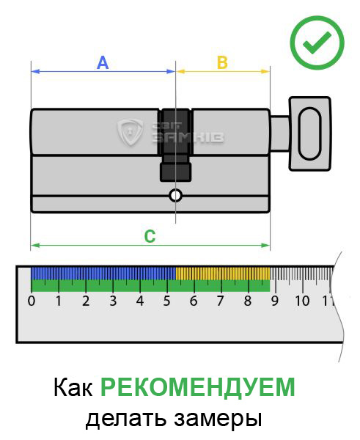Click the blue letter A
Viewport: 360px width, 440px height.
pos(103,63)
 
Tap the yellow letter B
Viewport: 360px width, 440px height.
pos(222,62)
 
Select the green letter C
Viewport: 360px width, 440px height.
pos(150,237)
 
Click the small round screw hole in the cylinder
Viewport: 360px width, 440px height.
pos(176,196)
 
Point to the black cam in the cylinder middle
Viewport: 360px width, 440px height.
pos(176,144)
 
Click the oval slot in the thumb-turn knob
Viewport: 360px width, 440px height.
pos(309,133)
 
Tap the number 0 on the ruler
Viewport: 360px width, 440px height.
pos(32,301)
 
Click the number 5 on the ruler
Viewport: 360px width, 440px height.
pos(166,301)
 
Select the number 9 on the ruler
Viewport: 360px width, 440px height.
pos(275,301)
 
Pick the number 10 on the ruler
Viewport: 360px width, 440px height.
pos(302,301)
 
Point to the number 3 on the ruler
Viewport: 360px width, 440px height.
pos(113,301)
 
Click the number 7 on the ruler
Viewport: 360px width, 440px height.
pos(220,301)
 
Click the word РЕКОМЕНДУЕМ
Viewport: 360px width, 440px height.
pos(198,387)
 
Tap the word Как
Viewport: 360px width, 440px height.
pos(73,387)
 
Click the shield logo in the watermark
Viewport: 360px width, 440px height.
pos(130,132)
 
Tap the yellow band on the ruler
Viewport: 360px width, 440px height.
pos(223,274)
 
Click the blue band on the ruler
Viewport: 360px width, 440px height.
pos(103,274)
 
